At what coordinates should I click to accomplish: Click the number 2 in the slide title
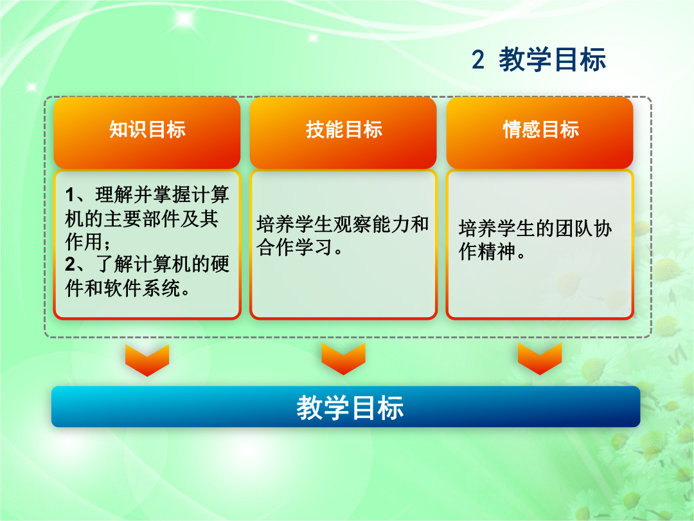[x=477, y=59]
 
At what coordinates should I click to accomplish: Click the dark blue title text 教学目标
[x=553, y=59]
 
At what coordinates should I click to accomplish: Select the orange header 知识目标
[x=147, y=130]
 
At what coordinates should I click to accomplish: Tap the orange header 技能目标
[x=344, y=130]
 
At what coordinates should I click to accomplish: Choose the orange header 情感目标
[x=540, y=130]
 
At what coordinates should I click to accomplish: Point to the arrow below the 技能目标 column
[x=343, y=359]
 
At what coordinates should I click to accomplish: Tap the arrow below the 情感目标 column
[x=540, y=359]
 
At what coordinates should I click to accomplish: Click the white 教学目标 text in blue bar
[x=350, y=408]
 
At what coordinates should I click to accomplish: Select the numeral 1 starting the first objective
[x=70, y=195]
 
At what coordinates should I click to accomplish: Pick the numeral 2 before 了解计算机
[x=71, y=264]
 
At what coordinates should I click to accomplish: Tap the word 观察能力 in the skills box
[x=371, y=224]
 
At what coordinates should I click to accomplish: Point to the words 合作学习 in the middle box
[x=294, y=247]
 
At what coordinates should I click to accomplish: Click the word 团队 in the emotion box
[x=574, y=228]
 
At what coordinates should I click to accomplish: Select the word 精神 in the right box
[x=497, y=251]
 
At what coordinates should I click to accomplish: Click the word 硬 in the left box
[x=220, y=264]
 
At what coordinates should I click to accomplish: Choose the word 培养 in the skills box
[x=275, y=224]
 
